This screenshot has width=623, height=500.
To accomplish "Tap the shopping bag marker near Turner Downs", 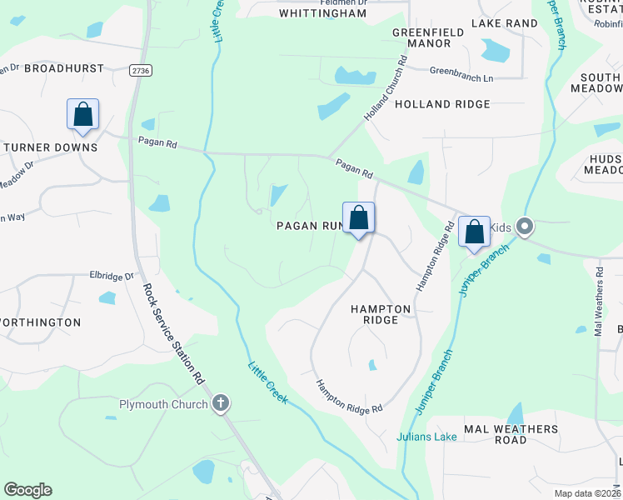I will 83,115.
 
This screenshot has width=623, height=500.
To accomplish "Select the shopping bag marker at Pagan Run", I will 359,218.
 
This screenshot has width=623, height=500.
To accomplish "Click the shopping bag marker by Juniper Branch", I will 475,232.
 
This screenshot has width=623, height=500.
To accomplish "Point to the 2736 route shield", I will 141,72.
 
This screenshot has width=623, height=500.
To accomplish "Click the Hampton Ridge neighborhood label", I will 381,314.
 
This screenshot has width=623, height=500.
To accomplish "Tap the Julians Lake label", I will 426,437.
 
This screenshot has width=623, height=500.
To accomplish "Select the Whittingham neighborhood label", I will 322,13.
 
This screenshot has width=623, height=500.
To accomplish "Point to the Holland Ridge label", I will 442,105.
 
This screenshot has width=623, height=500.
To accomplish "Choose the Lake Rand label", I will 505,23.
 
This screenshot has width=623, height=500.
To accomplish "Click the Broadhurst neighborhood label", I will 64,68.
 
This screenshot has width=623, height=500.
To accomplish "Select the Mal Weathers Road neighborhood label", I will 511,434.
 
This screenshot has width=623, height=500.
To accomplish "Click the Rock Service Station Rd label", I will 173,333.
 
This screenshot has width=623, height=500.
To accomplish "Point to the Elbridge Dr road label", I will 112,276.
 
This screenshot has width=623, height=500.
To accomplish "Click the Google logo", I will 27,490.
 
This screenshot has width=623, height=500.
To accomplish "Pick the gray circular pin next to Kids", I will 525,226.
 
